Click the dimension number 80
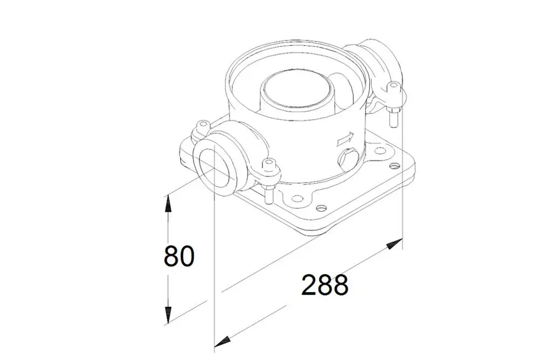tap(179, 255)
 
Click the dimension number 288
tap(325, 284)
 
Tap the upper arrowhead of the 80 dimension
tap(167, 203)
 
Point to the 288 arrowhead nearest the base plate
tap(395, 243)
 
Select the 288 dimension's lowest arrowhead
tap(222, 342)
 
